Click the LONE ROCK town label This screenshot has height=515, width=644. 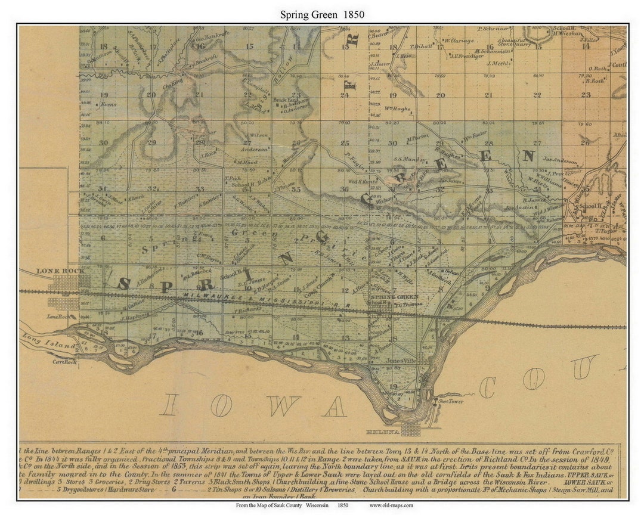coord(54,271)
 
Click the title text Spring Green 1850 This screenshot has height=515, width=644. coord(322,14)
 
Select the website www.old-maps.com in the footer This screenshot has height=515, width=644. coord(391,505)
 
